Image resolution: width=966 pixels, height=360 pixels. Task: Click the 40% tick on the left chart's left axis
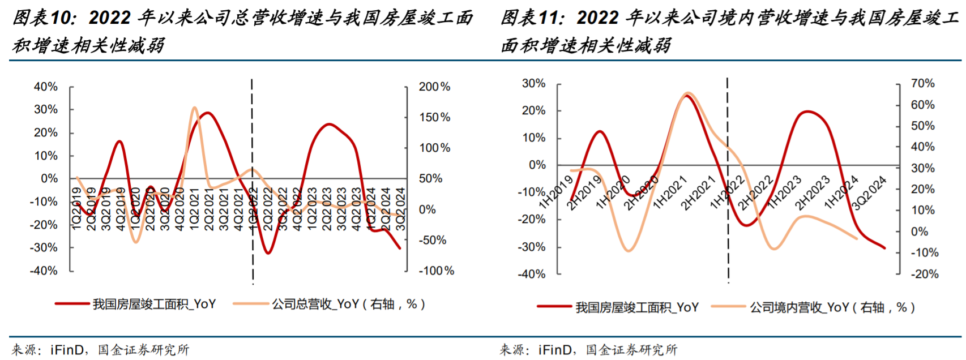pyautogui.click(x=46, y=87)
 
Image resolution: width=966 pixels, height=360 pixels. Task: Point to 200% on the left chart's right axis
pyautogui.click(x=434, y=87)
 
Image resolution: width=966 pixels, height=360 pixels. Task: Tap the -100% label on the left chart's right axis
pyautogui.click(x=436, y=271)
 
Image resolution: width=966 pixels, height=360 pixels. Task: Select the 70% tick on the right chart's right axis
pyautogui.click(x=922, y=83)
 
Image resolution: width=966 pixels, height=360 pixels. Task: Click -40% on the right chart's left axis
pyautogui.click(x=533, y=274)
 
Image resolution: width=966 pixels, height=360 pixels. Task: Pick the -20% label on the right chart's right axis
pyautogui.click(x=924, y=274)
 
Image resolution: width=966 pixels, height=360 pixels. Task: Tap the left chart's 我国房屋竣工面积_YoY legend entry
pyautogui.click(x=154, y=305)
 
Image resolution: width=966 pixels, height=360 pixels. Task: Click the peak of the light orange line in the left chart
pyautogui.click(x=194, y=107)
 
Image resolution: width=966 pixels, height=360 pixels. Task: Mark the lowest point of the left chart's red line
pyautogui.click(x=268, y=253)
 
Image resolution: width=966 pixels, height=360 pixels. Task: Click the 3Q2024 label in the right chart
pyautogui.click(x=869, y=192)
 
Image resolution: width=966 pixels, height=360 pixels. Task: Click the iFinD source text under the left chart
pyautogui.click(x=67, y=350)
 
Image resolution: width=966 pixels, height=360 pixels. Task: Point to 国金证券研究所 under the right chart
pyautogui.click(x=631, y=350)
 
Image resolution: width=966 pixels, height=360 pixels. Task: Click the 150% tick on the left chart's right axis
pyautogui.click(x=434, y=117)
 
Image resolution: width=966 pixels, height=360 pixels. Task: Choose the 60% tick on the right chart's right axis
pyautogui.click(x=922, y=105)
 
